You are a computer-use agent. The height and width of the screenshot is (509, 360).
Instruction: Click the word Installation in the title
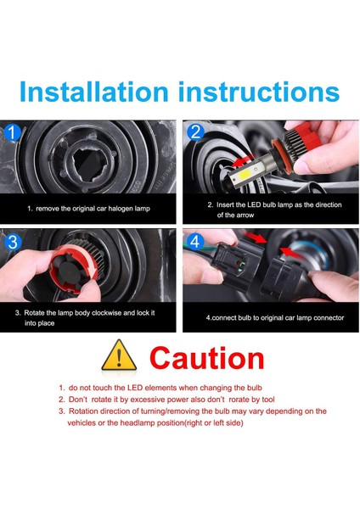(x=94, y=92)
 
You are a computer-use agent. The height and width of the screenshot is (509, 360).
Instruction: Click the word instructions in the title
(x=259, y=92)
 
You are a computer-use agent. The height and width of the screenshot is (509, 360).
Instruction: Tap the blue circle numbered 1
(x=13, y=133)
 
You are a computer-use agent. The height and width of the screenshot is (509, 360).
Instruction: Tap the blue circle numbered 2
(x=195, y=132)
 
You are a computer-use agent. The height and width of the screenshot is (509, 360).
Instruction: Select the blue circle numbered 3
(x=13, y=242)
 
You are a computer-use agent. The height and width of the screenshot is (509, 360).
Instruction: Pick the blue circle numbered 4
(x=195, y=242)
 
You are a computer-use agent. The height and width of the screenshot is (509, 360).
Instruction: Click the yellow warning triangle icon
(x=119, y=355)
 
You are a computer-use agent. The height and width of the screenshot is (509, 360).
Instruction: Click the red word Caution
(x=207, y=358)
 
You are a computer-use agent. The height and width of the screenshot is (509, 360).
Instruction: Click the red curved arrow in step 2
(x=243, y=160)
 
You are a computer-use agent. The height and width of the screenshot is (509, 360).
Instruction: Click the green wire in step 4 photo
(x=199, y=249)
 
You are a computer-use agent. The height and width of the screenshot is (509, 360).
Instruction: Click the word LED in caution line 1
(x=135, y=388)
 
